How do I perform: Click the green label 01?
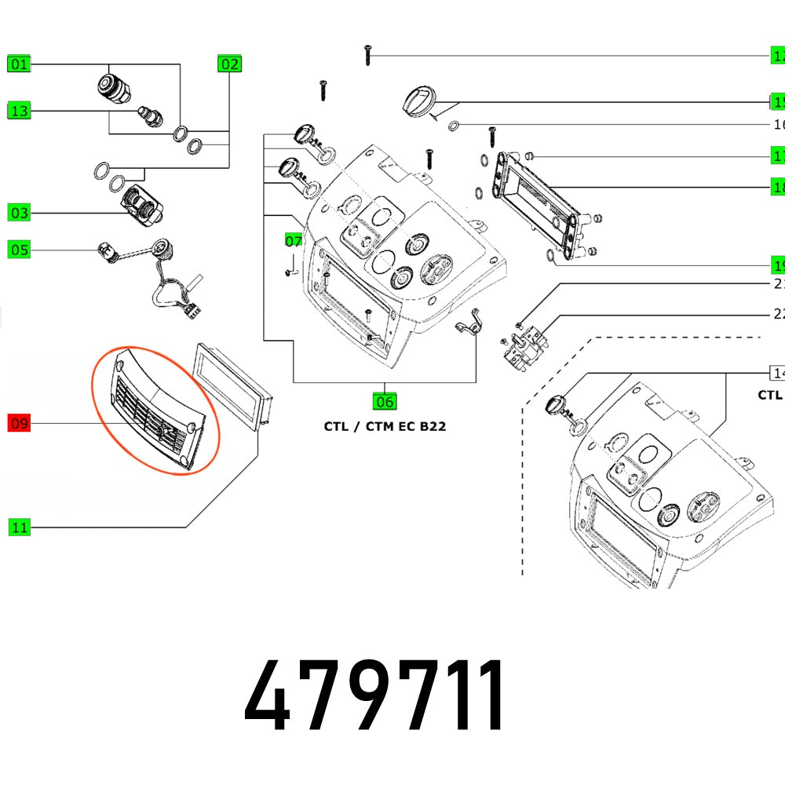point(19,64)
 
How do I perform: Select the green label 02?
point(229,64)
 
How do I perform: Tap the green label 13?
point(19,111)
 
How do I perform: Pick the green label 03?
point(19,213)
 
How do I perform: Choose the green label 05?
point(19,250)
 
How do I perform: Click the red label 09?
point(19,425)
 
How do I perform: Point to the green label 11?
point(19,528)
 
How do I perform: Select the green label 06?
point(385,402)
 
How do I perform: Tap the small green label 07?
point(293,240)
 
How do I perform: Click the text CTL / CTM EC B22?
point(385,427)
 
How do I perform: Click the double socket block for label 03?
point(142,206)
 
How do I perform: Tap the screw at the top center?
point(367,54)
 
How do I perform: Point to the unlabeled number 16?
point(779,125)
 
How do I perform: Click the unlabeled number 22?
point(779,314)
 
